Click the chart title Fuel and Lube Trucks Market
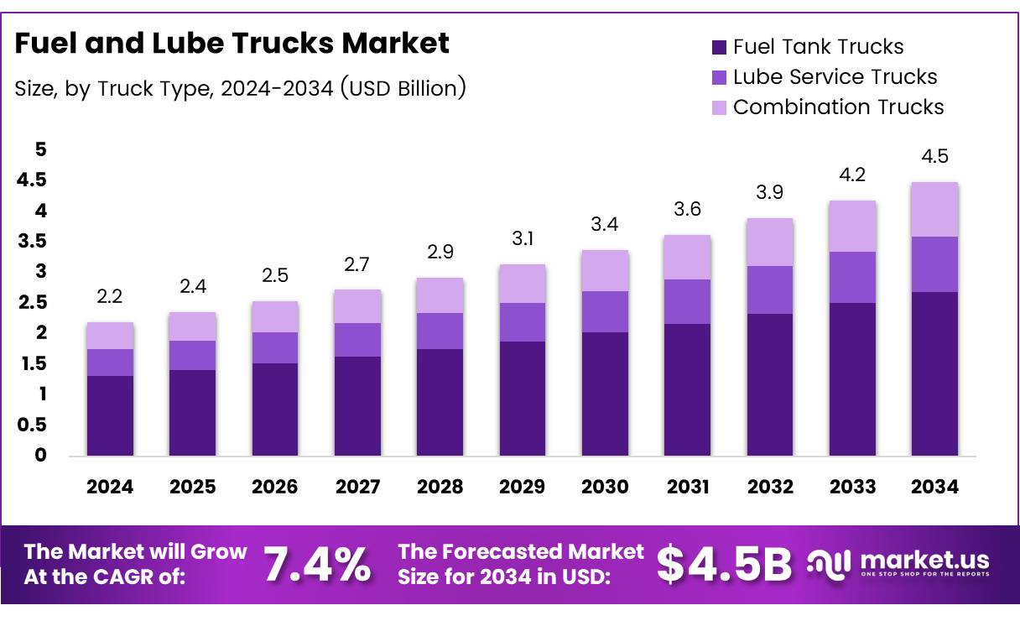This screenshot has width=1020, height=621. [x=232, y=44]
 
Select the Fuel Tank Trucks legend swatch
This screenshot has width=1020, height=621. [x=719, y=47]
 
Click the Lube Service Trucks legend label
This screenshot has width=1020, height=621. [x=835, y=77]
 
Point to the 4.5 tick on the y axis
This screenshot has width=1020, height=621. [x=31, y=180]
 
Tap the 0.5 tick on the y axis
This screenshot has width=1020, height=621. [x=31, y=425]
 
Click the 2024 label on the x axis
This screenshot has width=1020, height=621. [x=110, y=487]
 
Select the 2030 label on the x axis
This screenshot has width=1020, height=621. [x=605, y=487]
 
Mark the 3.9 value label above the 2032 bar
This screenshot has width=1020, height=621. [x=770, y=193]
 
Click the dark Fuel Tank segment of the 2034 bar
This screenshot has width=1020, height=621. [x=934, y=373]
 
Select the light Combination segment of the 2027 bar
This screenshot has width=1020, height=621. [x=357, y=306]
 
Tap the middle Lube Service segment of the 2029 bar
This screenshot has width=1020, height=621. [x=523, y=322]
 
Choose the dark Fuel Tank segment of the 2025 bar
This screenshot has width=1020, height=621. [x=192, y=413]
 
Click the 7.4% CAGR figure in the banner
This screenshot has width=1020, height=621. [x=318, y=563]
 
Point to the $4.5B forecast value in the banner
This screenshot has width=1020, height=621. [x=723, y=563]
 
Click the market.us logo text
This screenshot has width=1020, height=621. [x=925, y=560]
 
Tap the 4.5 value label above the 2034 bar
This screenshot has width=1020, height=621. [x=934, y=157]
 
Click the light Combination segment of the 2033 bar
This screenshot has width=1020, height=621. [x=852, y=227]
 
